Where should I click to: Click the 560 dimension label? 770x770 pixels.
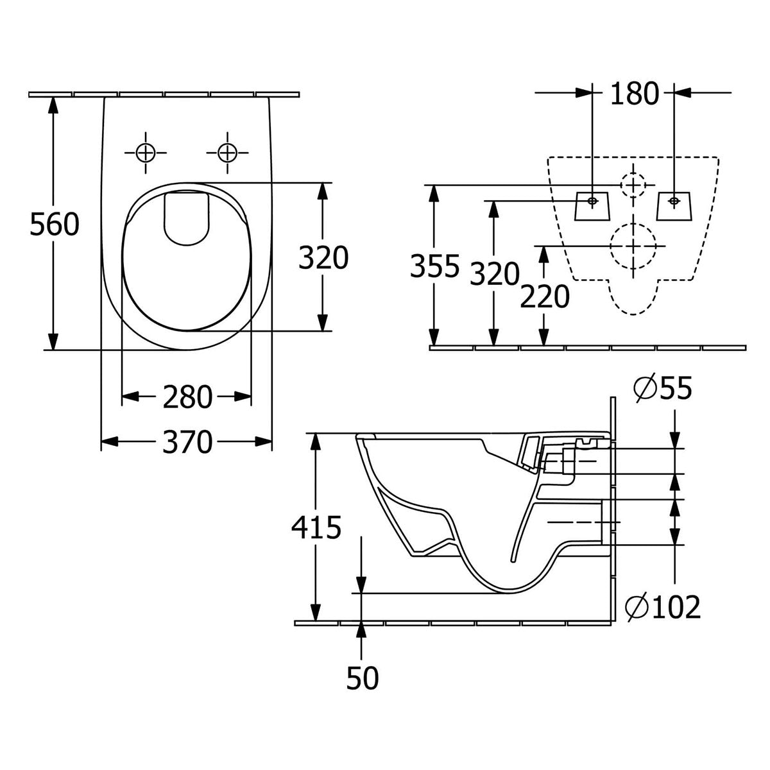coord(55,225)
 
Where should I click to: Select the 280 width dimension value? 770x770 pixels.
coord(187,397)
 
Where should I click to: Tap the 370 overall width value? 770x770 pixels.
coord(187,441)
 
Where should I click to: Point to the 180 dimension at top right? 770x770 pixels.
coord(634,94)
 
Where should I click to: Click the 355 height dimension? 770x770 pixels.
coord(435,266)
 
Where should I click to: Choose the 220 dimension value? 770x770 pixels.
coord(544,296)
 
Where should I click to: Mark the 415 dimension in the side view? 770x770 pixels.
coord(316,527)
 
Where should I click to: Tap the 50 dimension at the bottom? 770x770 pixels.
coord(363,678)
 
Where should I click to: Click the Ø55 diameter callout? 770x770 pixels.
coord(662,389)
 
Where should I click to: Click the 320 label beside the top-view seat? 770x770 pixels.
coord(323,257)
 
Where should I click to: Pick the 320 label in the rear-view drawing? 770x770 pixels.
coord(493,275)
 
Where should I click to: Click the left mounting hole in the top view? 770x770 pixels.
coord(146,153)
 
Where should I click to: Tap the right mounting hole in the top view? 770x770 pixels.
coord(227,153)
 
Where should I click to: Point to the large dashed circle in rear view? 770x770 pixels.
coord(633,246)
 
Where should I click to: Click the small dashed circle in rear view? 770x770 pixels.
coord(633,185)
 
